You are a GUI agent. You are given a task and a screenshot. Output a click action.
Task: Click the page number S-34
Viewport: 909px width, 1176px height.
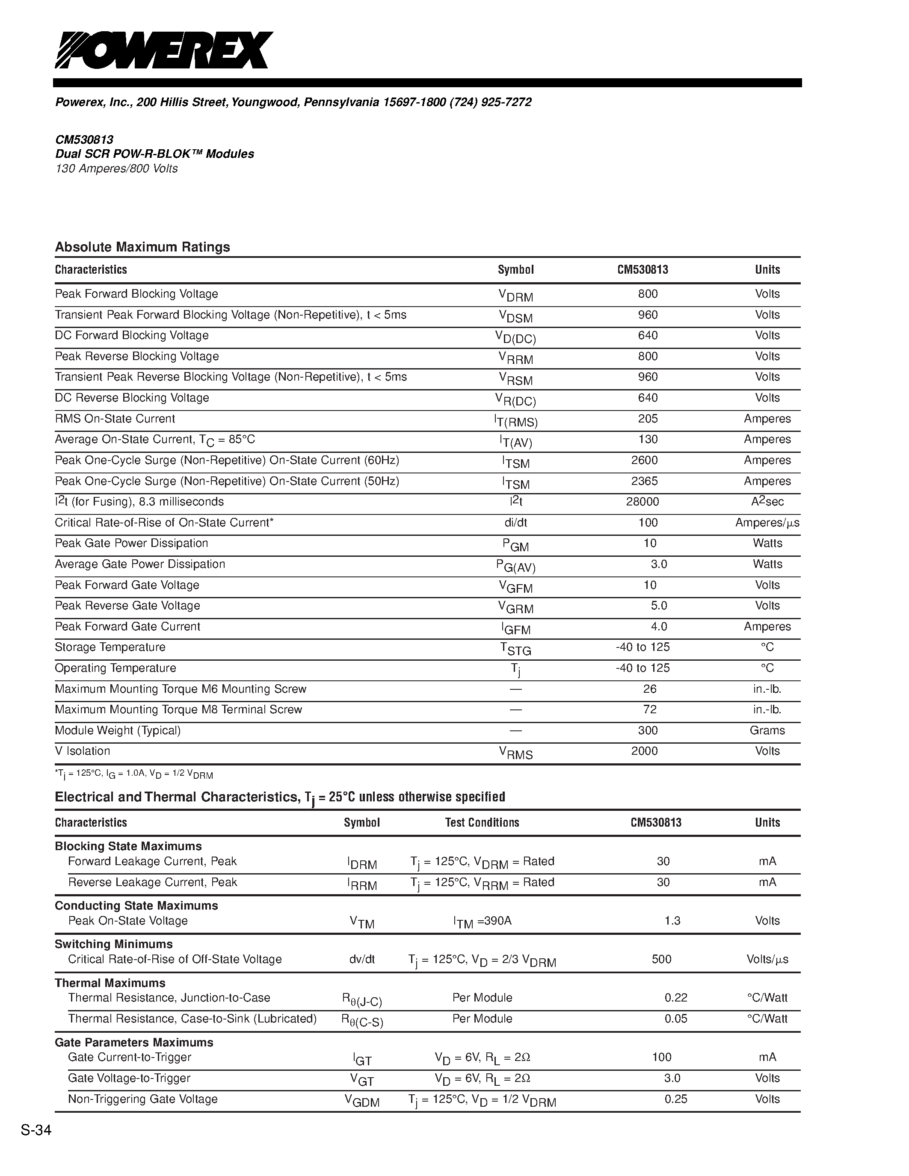point(36,1130)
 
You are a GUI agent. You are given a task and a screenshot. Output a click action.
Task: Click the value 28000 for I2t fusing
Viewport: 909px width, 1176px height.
point(643,502)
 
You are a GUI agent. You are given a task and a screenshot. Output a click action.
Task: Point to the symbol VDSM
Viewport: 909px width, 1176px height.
point(515,316)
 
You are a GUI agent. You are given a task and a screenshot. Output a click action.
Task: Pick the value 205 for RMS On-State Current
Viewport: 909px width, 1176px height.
point(648,419)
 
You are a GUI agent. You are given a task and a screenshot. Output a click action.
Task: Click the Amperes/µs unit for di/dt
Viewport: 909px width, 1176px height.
point(767,523)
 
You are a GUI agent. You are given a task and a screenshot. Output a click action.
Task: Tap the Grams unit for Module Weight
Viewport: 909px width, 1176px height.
point(767,731)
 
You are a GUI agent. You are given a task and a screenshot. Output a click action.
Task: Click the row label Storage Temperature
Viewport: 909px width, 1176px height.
point(110,647)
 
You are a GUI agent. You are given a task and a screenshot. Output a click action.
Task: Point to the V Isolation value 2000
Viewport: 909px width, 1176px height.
point(645,751)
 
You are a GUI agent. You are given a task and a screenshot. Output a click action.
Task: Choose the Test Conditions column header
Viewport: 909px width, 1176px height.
point(482,823)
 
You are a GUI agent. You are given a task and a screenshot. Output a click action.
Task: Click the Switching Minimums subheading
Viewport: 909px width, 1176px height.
point(114,945)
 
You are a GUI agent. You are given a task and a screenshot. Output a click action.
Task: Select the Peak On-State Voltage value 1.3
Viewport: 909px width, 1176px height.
point(672,921)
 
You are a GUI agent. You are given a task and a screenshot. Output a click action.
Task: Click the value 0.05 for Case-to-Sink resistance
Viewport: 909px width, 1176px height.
point(676,1019)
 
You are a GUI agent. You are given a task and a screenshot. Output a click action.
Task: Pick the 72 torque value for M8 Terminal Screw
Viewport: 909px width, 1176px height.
point(650,710)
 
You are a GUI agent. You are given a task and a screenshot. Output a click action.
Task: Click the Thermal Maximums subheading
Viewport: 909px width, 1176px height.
point(110,983)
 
